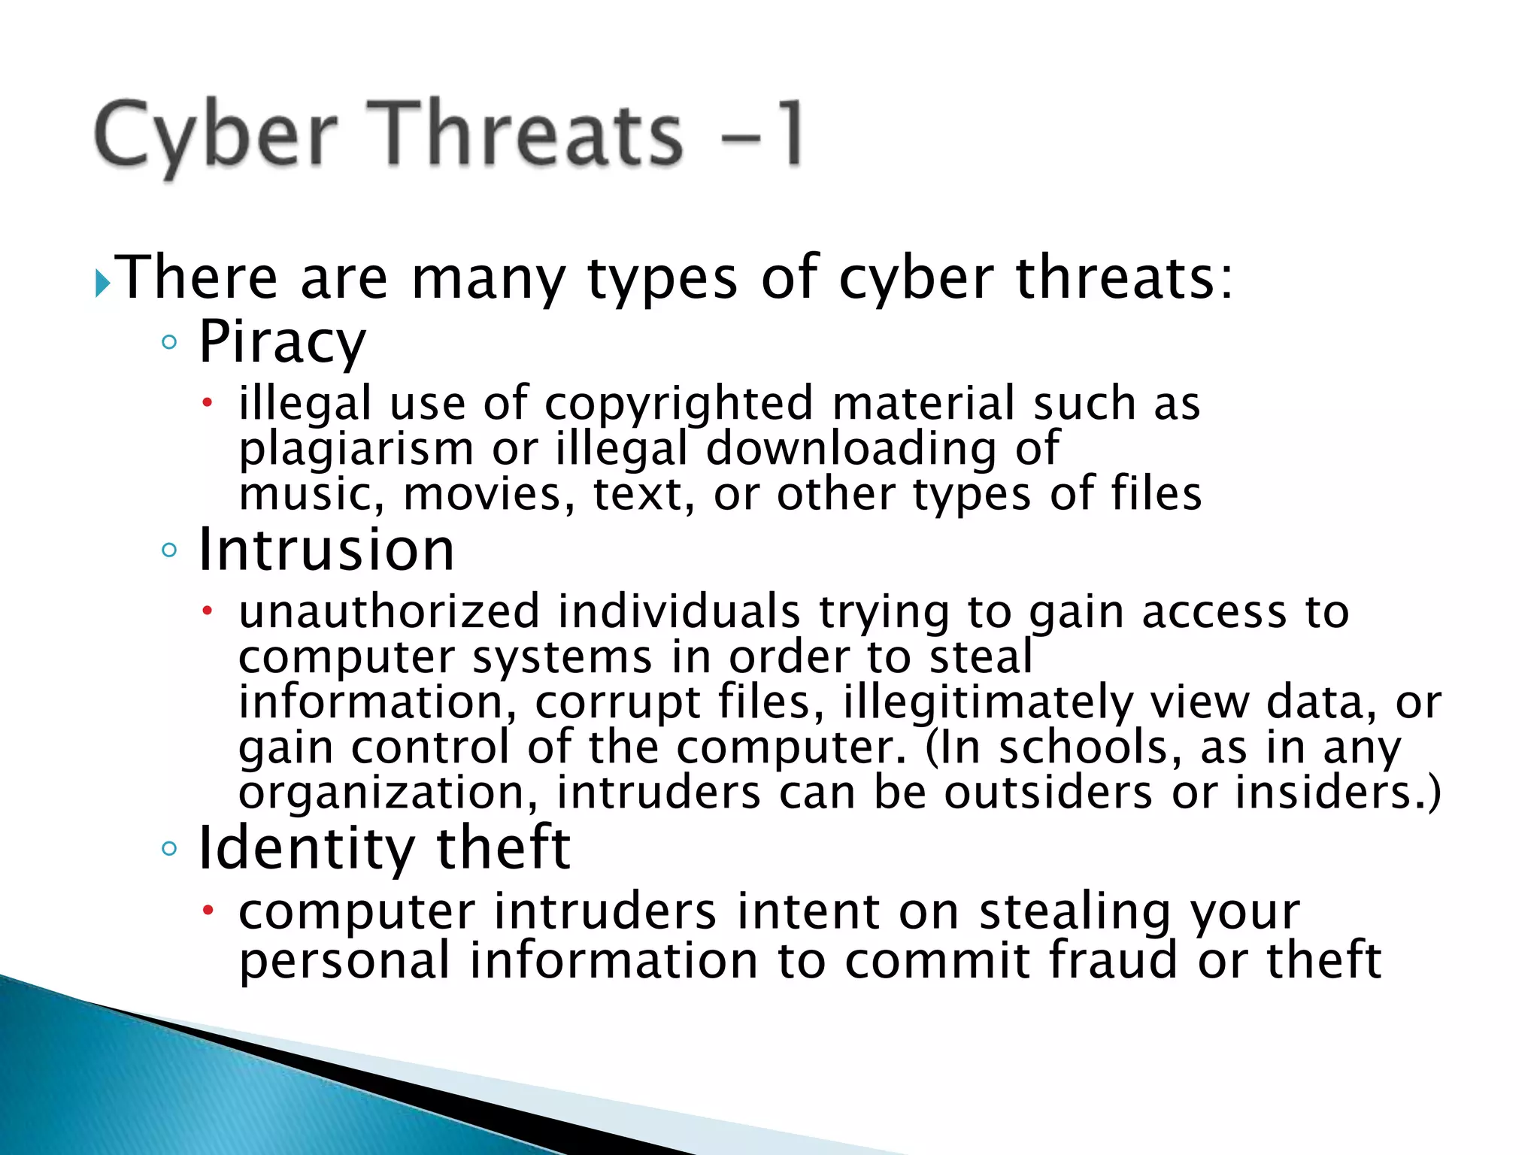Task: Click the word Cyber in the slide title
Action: (x=216, y=136)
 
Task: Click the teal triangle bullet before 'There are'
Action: (x=103, y=285)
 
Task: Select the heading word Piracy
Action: (x=282, y=342)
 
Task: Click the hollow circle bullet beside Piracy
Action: (x=169, y=343)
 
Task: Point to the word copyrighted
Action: (x=678, y=404)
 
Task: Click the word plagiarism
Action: (x=356, y=450)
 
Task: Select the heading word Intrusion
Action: (x=326, y=550)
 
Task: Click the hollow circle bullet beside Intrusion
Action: (x=169, y=550)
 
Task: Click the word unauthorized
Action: (x=389, y=611)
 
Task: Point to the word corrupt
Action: (x=617, y=702)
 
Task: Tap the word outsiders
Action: (x=1048, y=793)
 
